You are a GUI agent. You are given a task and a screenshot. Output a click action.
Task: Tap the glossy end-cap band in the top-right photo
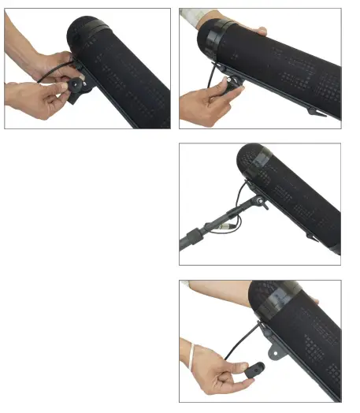pos(211,39)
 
